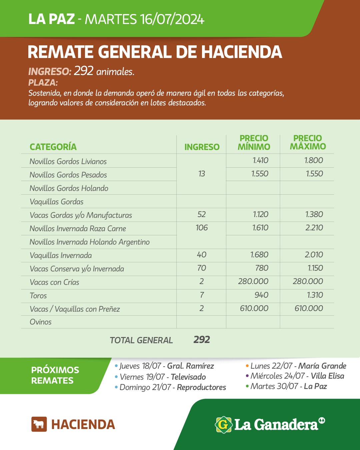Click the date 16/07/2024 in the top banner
click(x=172, y=19)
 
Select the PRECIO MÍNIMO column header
click(x=254, y=143)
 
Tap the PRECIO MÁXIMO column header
click(x=308, y=143)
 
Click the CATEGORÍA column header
click(x=53, y=147)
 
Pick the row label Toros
click(x=38, y=296)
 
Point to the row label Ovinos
click(x=41, y=322)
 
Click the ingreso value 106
click(x=202, y=228)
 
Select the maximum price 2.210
click(x=314, y=228)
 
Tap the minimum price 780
click(x=262, y=268)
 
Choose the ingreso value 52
click(x=202, y=215)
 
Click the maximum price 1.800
click(x=314, y=161)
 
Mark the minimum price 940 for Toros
click(x=261, y=295)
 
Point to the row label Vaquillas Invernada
click(x=61, y=256)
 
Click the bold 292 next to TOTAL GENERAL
click(x=202, y=340)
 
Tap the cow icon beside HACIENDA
click(x=39, y=424)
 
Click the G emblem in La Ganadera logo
click(x=223, y=425)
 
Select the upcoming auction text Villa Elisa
click(x=327, y=376)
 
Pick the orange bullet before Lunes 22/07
click(x=247, y=366)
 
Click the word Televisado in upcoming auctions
click(x=188, y=377)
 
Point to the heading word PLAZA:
click(x=43, y=82)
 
